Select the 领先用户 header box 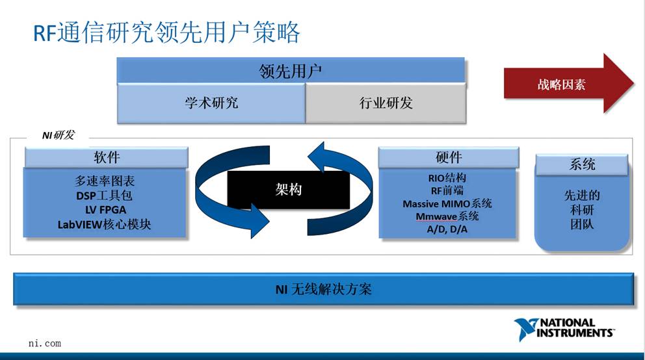[291, 71]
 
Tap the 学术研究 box [211, 103]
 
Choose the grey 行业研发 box [386, 103]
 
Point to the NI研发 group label [58, 135]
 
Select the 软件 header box [107, 157]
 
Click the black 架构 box [288, 190]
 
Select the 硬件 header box [448, 157]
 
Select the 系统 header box [582, 164]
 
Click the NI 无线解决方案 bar [324, 289]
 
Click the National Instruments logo [564, 328]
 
